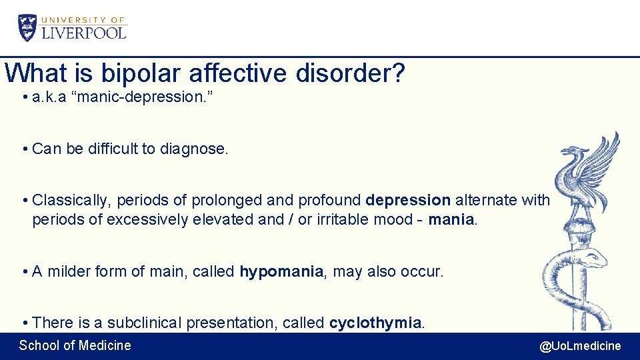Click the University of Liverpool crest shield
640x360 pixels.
28,27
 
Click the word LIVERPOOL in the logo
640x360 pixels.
83,32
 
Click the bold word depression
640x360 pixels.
408,200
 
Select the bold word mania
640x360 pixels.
452,219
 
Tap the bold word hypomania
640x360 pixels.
281,271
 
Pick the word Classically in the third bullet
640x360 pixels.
69,200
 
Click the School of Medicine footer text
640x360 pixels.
75,345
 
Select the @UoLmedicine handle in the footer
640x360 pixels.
579,345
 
